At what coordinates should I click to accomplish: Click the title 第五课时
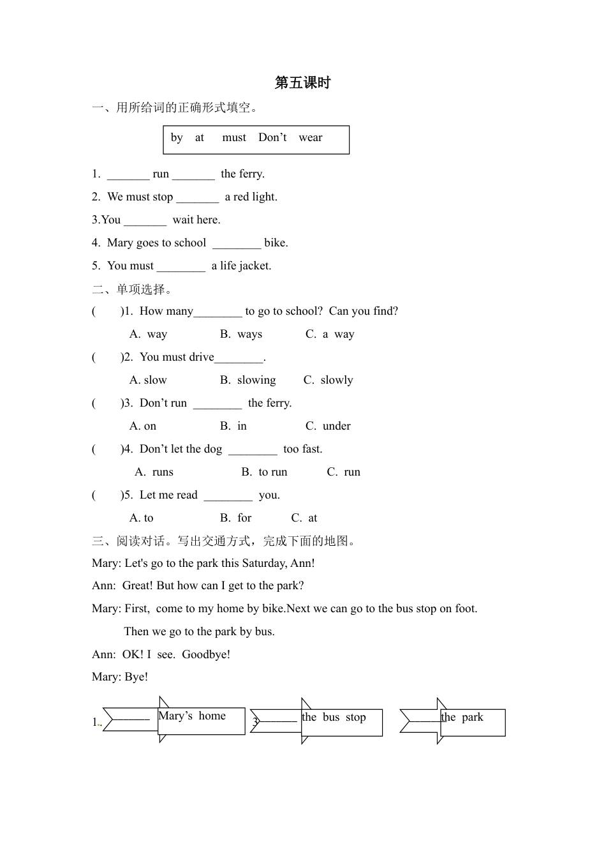(302, 83)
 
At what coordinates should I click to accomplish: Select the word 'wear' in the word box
(310, 138)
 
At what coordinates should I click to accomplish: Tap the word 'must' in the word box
(234, 138)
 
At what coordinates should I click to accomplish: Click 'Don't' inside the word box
(272, 138)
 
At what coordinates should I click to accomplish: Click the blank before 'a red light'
(197, 198)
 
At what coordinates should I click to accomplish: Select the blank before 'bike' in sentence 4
(237, 244)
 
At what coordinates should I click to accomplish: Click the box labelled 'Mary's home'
(202, 721)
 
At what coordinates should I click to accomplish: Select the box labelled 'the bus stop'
(342, 723)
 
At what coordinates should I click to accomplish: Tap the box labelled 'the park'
(473, 723)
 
